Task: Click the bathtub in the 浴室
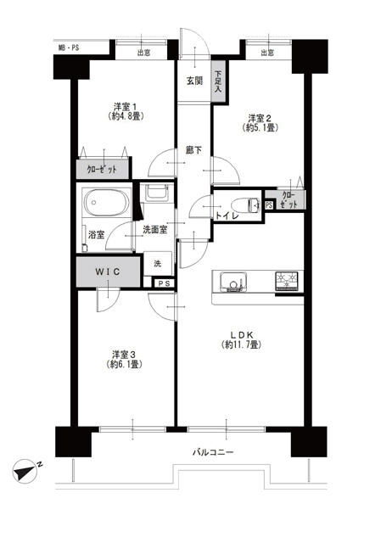click(107, 202)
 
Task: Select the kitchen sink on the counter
click(234, 282)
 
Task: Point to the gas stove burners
click(287, 280)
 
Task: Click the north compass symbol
click(25, 471)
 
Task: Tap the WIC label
click(108, 271)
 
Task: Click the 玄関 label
click(194, 81)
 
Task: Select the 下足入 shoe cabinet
click(218, 81)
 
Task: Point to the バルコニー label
click(213, 452)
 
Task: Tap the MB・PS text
click(69, 48)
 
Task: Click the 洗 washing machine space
click(158, 264)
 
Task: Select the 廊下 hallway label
click(193, 150)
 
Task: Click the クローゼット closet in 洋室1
click(103, 169)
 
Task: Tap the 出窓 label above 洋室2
click(267, 53)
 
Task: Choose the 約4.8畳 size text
click(126, 116)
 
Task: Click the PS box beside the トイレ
click(269, 205)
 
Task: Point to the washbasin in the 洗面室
click(157, 193)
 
